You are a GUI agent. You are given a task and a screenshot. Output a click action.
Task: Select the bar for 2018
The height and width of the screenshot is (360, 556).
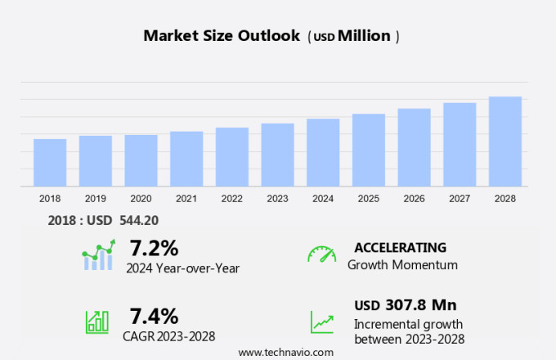pyautogui.click(x=50, y=163)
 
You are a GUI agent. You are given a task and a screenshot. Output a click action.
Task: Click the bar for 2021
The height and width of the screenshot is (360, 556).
pyautogui.click(x=186, y=160)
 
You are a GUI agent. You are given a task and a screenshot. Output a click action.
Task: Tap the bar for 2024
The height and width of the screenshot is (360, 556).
pyautogui.click(x=323, y=153)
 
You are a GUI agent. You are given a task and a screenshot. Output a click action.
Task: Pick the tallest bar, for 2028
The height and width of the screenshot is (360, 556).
pyautogui.click(x=505, y=142)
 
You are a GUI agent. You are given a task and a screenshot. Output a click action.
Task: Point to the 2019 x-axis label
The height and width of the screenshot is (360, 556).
pyautogui.click(x=96, y=198)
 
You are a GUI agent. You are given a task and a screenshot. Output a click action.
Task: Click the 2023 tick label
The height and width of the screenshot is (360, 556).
pyautogui.click(x=277, y=198)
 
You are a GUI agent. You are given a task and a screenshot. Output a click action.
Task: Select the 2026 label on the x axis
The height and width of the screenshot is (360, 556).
pyautogui.click(x=414, y=198)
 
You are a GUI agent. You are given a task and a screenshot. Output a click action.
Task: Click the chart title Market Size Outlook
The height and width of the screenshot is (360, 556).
pyautogui.click(x=221, y=36)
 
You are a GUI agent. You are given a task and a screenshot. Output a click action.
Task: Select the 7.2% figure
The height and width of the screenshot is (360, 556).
pyautogui.click(x=154, y=248)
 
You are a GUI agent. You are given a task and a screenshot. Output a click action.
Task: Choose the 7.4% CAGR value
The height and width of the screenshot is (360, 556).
pyautogui.click(x=154, y=316)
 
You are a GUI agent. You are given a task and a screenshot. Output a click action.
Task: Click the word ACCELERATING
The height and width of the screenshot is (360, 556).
pyautogui.click(x=401, y=247)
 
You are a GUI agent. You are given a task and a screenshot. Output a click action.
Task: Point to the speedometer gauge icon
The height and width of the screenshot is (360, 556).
pyautogui.click(x=321, y=254)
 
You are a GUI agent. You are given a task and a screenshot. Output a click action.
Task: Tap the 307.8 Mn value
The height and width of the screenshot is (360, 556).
pyautogui.click(x=420, y=305)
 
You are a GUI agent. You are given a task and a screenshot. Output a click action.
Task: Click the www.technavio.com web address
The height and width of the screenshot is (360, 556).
pyautogui.click(x=285, y=352)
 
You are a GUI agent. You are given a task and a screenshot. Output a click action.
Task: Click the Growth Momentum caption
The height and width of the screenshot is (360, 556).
pyautogui.click(x=402, y=264)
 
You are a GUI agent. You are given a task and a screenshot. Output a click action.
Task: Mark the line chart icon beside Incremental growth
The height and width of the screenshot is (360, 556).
pyautogui.click(x=321, y=322)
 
